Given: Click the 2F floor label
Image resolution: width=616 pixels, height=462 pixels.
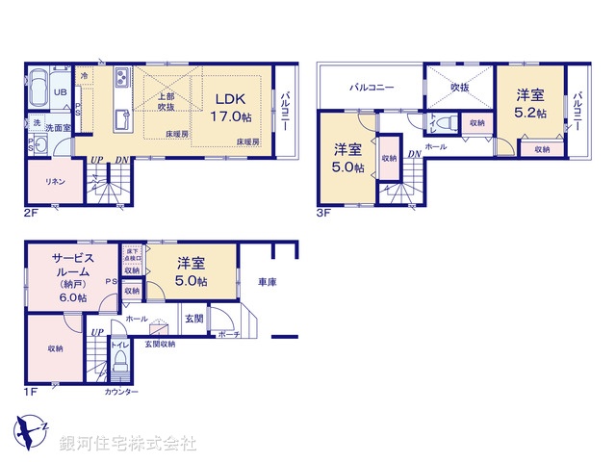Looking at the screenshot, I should tap(31, 213).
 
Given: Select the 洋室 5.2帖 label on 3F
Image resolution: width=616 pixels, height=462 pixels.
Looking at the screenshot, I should tap(529, 103).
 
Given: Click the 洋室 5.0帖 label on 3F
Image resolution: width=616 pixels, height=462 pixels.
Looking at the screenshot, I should tap(347, 158).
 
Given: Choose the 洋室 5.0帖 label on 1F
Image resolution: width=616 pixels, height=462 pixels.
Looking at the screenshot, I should tap(192, 270).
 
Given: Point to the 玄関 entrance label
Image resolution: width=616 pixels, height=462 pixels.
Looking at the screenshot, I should tap(194, 319).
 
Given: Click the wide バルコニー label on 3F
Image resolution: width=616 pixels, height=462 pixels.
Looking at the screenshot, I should tap(372, 88).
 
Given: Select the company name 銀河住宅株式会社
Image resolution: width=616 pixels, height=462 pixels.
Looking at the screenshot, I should tap(127, 444).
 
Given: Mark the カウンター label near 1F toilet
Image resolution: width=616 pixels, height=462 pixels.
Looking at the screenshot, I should tap(121, 392).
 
